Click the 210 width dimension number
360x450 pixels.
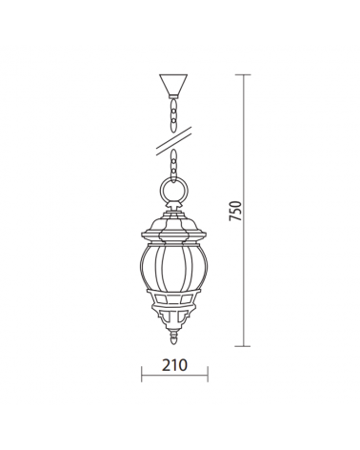click(x=174, y=365)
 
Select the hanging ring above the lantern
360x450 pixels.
click(x=174, y=195)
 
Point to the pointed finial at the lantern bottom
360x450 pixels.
click(x=174, y=335)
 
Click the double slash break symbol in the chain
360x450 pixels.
click(x=173, y=140)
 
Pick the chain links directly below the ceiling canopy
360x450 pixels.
click(x=173, y=114)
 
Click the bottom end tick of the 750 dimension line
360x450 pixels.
click(x=249, y=345)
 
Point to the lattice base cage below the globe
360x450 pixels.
click(x=174, y=310)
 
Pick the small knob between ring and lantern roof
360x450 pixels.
click(x=174, y=213)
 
